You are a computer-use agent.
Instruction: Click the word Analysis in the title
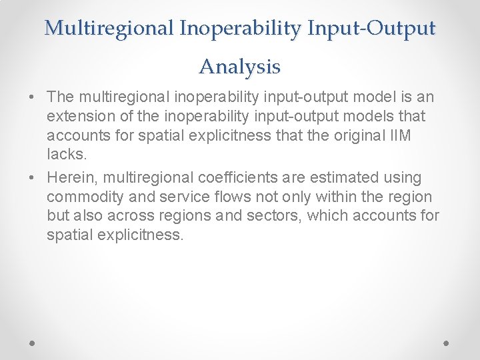click(x=239, y=67)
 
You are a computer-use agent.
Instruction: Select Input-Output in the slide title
click(x=370, y=28)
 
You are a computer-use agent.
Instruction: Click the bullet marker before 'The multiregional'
click(x=33, y=97)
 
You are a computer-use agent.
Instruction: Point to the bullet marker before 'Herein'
click(x=33, y=178)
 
